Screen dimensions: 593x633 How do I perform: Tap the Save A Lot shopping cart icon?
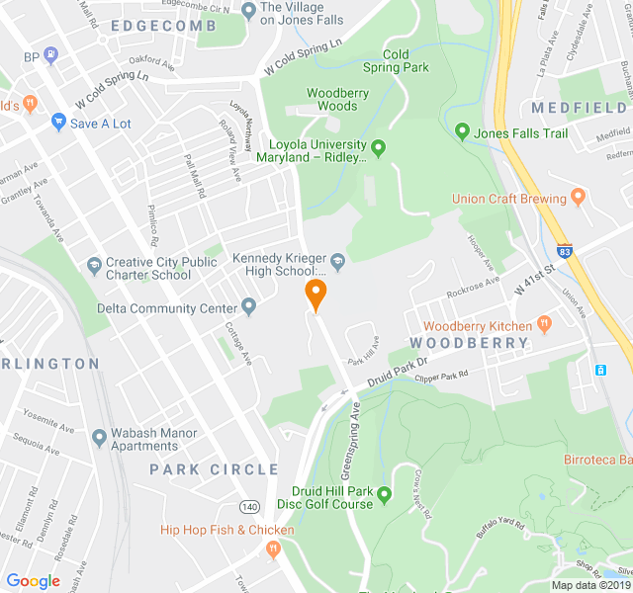tap(58, 123)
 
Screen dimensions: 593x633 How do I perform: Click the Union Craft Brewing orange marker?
tap(579, 198)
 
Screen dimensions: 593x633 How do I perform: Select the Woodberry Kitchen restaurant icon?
tap(544, 325)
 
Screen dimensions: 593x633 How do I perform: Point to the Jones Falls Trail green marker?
tap(462, 131)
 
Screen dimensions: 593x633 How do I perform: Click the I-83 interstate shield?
tap(565, 251)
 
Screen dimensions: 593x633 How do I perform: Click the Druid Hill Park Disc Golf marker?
tap(385, 495)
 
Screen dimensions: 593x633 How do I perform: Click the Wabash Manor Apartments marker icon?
tap(98, 437)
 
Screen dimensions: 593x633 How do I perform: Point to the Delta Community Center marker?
tap(249, 307)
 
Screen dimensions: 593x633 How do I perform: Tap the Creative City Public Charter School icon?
tap(94, 267)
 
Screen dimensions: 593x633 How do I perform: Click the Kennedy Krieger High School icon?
tap(337, 262)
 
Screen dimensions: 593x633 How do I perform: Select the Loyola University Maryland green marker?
tap(378, 149)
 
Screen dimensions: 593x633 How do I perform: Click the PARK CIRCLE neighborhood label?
tap(214, 469)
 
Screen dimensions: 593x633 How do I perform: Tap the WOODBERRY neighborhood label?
tap(469, 343)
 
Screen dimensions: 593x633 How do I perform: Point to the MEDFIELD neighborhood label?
tap(579, 107)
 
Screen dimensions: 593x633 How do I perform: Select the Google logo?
tap(34, 581)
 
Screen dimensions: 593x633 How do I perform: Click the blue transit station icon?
tap(601, 369)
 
